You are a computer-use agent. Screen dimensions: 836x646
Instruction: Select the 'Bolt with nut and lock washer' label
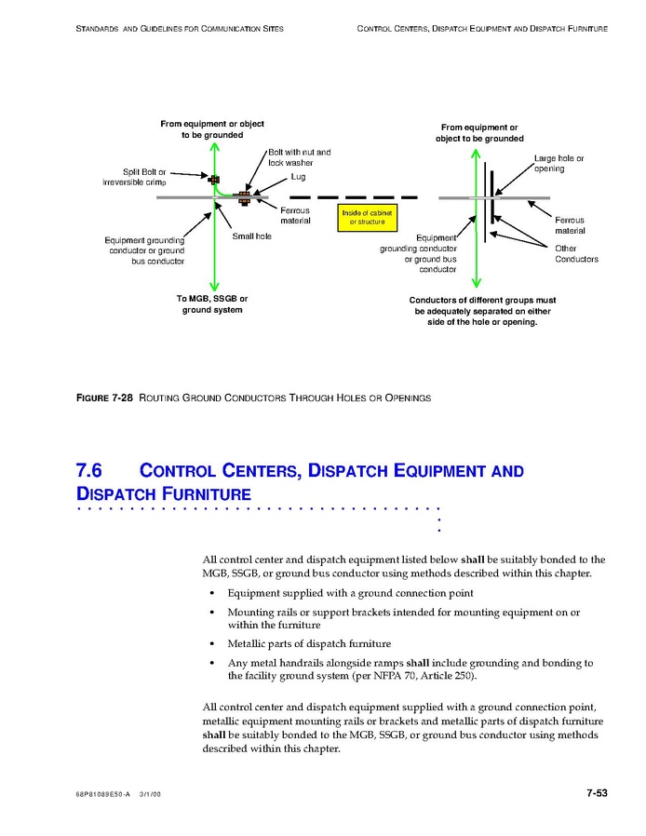click(x=299, y=156)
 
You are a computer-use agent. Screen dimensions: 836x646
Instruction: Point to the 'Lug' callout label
click(x=298, y=177)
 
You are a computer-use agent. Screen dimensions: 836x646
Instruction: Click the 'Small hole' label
click(x=251, y=236)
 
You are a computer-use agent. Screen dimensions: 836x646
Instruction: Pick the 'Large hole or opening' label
click(x=559, y=163)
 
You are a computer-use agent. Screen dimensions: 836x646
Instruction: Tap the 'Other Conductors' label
click(x=576, y=253)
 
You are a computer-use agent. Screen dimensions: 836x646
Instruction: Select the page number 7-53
click(x=596, y=793)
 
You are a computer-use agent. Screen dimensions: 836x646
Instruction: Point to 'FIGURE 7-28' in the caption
click(x=104, y=398)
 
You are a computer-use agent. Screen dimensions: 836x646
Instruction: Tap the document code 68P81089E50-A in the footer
click(x=103, y=795)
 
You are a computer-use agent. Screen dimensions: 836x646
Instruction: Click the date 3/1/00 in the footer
click(x=150, y=795)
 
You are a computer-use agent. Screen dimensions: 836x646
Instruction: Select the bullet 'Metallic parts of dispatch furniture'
click(x=309, y=643)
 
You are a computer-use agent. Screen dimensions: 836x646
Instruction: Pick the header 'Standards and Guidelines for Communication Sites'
click(x=179, y=29)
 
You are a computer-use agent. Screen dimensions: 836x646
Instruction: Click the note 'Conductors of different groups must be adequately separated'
click(x=482, y=311)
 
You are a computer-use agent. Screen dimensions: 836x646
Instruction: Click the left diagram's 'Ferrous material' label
click(x=295, y=215)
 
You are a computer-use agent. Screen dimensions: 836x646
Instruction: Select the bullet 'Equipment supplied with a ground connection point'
click(x=350, y=593)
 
